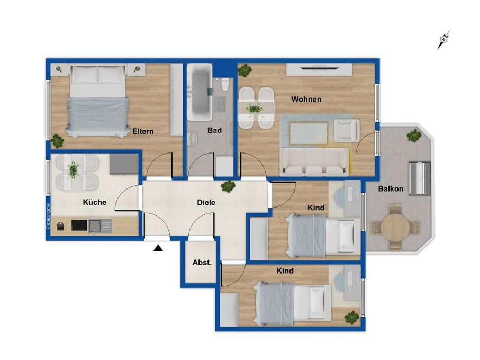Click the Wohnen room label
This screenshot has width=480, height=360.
306,99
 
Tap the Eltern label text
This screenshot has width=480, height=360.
143,131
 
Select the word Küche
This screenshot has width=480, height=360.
95,202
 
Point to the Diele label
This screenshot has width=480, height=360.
206,202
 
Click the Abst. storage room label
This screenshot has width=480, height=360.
202,263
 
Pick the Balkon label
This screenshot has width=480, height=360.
391,188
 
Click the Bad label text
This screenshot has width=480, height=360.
214,130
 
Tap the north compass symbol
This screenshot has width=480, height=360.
443,39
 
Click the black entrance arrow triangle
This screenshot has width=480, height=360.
158,248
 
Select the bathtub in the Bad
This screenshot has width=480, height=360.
200,92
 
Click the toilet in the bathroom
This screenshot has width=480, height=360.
225,85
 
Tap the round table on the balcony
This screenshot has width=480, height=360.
395,227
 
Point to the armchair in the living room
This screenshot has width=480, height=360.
347,131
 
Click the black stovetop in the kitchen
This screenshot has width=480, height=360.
79,226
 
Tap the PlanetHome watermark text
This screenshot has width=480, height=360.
48,217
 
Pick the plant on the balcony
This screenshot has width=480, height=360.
414,136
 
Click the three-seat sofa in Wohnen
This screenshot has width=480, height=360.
314,161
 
